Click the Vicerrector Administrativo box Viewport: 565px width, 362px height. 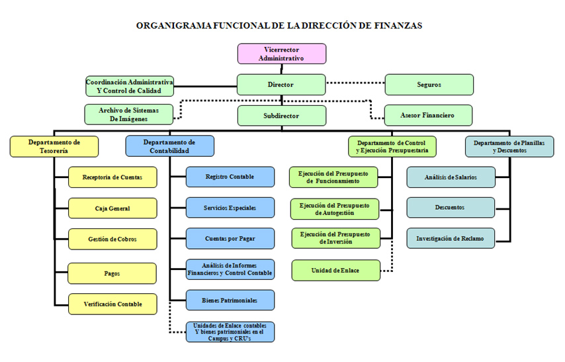(x=282, y=54)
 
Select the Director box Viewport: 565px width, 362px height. (x=281, y=85)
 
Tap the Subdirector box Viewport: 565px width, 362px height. (x=281, y=116)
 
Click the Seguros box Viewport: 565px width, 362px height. (x=429, y=85)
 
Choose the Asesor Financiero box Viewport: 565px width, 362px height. (x=428, y=115)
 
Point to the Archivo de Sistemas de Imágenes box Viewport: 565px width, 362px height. (x=128, y=114)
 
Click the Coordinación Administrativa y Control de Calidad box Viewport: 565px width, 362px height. (x=130, y=86)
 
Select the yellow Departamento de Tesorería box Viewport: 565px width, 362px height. (x=54, y=146)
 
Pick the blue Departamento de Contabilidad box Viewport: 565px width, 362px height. (x=169, y=146)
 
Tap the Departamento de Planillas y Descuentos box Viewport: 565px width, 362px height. (x=509, y=146)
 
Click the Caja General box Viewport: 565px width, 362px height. (x=112, y=208)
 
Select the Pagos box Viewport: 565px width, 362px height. (x=112, y=273)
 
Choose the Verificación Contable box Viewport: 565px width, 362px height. (x=112, y=304)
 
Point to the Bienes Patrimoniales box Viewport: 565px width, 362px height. (x=230, y=300)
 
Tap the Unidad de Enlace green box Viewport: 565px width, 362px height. (x=336, y=270)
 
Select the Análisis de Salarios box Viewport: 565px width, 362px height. (x=451, y=177)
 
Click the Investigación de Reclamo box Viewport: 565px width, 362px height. (x=451, y=238)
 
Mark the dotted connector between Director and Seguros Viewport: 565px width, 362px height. (x=355, y=83)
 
